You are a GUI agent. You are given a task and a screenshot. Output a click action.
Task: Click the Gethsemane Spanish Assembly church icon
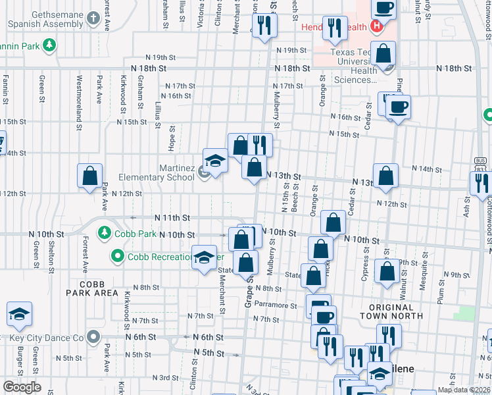coord(94,16)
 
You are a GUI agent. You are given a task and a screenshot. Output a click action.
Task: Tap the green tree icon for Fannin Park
coord(49,45)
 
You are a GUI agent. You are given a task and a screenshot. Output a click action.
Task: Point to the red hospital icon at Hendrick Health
coord(376,27)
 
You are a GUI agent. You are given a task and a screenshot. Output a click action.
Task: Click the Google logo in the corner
coord(22,387)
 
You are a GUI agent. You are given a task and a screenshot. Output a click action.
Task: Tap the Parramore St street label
coord(277,305)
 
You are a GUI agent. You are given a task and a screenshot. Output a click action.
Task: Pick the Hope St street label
coord(171,137)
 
